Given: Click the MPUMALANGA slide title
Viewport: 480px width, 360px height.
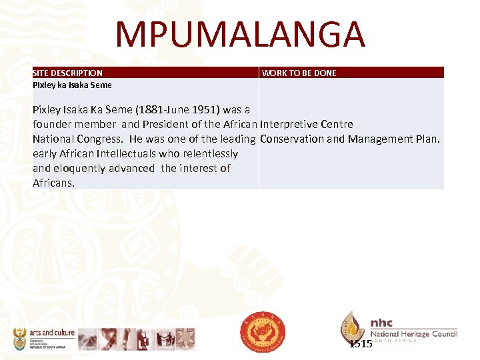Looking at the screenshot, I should point(240,35).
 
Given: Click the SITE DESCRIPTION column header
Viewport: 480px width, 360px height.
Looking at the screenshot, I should point(67,73).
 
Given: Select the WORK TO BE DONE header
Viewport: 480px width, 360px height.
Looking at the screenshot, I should point(299,73).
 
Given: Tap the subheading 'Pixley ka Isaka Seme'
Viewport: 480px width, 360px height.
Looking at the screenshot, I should point(72,85).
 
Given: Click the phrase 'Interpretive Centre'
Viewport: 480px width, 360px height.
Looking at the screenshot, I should point(307,125).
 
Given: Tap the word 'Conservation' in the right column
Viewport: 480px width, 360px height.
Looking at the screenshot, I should point(292,139).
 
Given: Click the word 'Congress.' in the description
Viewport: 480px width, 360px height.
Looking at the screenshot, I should point(100,139).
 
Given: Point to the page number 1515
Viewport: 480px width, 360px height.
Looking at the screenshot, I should point(361,344).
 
